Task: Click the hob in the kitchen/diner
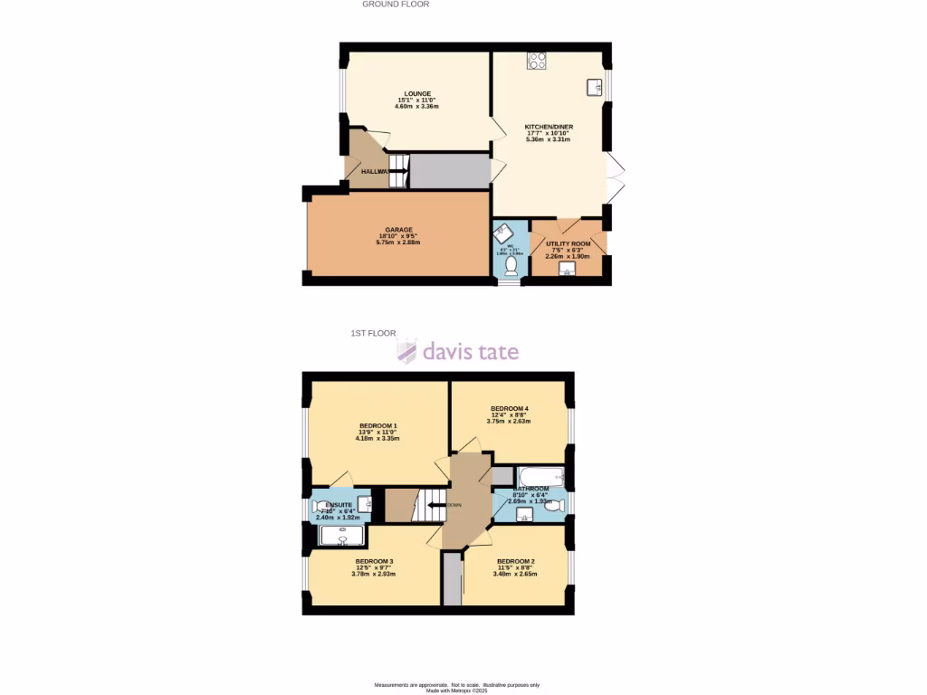tap(536, 61)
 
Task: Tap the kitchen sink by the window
tap(594, 87)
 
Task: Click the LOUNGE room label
tap(416, 93)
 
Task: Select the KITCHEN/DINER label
tap(549, 127)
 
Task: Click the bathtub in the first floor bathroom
tap(540, 477)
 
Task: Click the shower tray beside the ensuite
tap(342, 538)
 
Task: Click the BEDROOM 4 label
tap(509, 407)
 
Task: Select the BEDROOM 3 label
tap(374, 561)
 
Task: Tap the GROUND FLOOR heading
tap(396, 5)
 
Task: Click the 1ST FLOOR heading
tap(373, 333)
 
